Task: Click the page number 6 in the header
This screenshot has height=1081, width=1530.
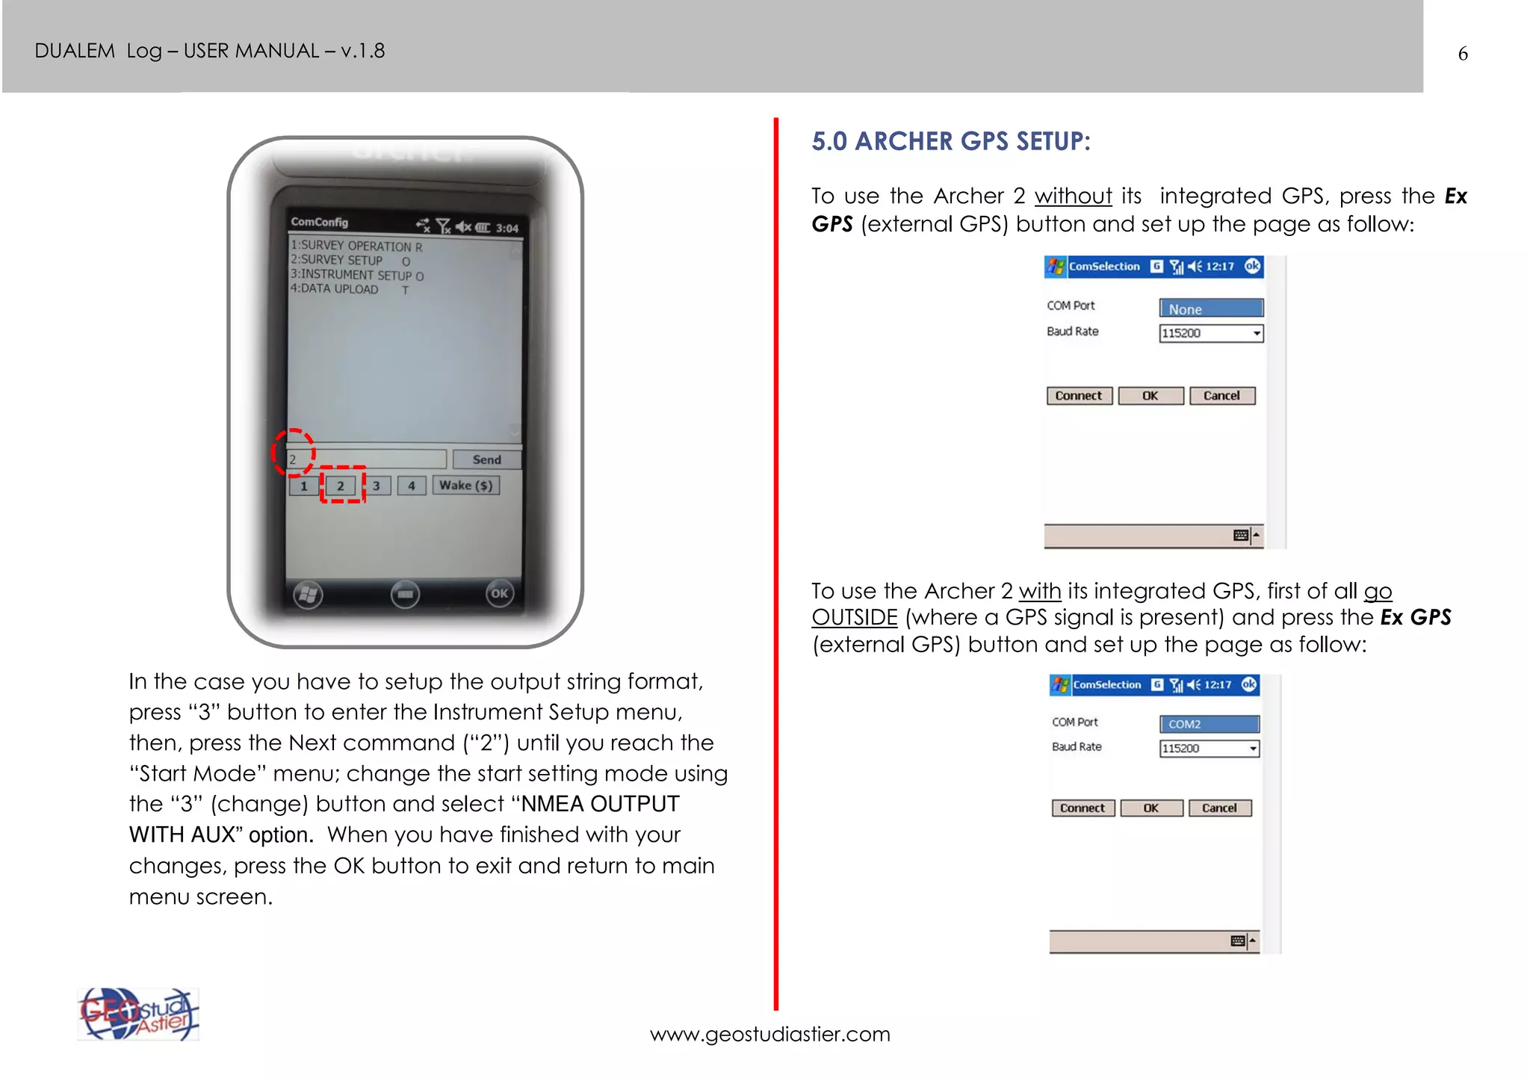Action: (1462, 54)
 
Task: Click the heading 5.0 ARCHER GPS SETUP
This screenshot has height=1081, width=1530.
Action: (950, 141)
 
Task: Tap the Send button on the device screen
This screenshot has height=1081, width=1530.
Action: (486, 459)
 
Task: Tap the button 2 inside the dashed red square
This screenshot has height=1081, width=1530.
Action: (341, 486)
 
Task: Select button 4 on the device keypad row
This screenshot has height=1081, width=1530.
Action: (411, 486)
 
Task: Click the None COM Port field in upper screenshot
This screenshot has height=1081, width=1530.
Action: (1210, 309)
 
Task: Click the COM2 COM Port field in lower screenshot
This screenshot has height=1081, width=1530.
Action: (1209, 724)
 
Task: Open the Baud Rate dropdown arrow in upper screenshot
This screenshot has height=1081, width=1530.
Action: (1257, 333)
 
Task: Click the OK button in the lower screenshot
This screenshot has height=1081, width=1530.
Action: (1150, 808)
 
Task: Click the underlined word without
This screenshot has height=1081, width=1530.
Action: (1073, 196)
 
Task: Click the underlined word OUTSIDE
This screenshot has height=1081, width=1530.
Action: (854, 618)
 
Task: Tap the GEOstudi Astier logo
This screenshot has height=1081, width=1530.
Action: (138, 1015)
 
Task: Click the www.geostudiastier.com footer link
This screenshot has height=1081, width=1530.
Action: (769, 1034)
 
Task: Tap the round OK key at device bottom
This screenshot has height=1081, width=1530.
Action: (499, 594)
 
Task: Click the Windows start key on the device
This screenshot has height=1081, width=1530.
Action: (308, 595)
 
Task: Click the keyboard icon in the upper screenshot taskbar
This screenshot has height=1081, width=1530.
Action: (1241, 535)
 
